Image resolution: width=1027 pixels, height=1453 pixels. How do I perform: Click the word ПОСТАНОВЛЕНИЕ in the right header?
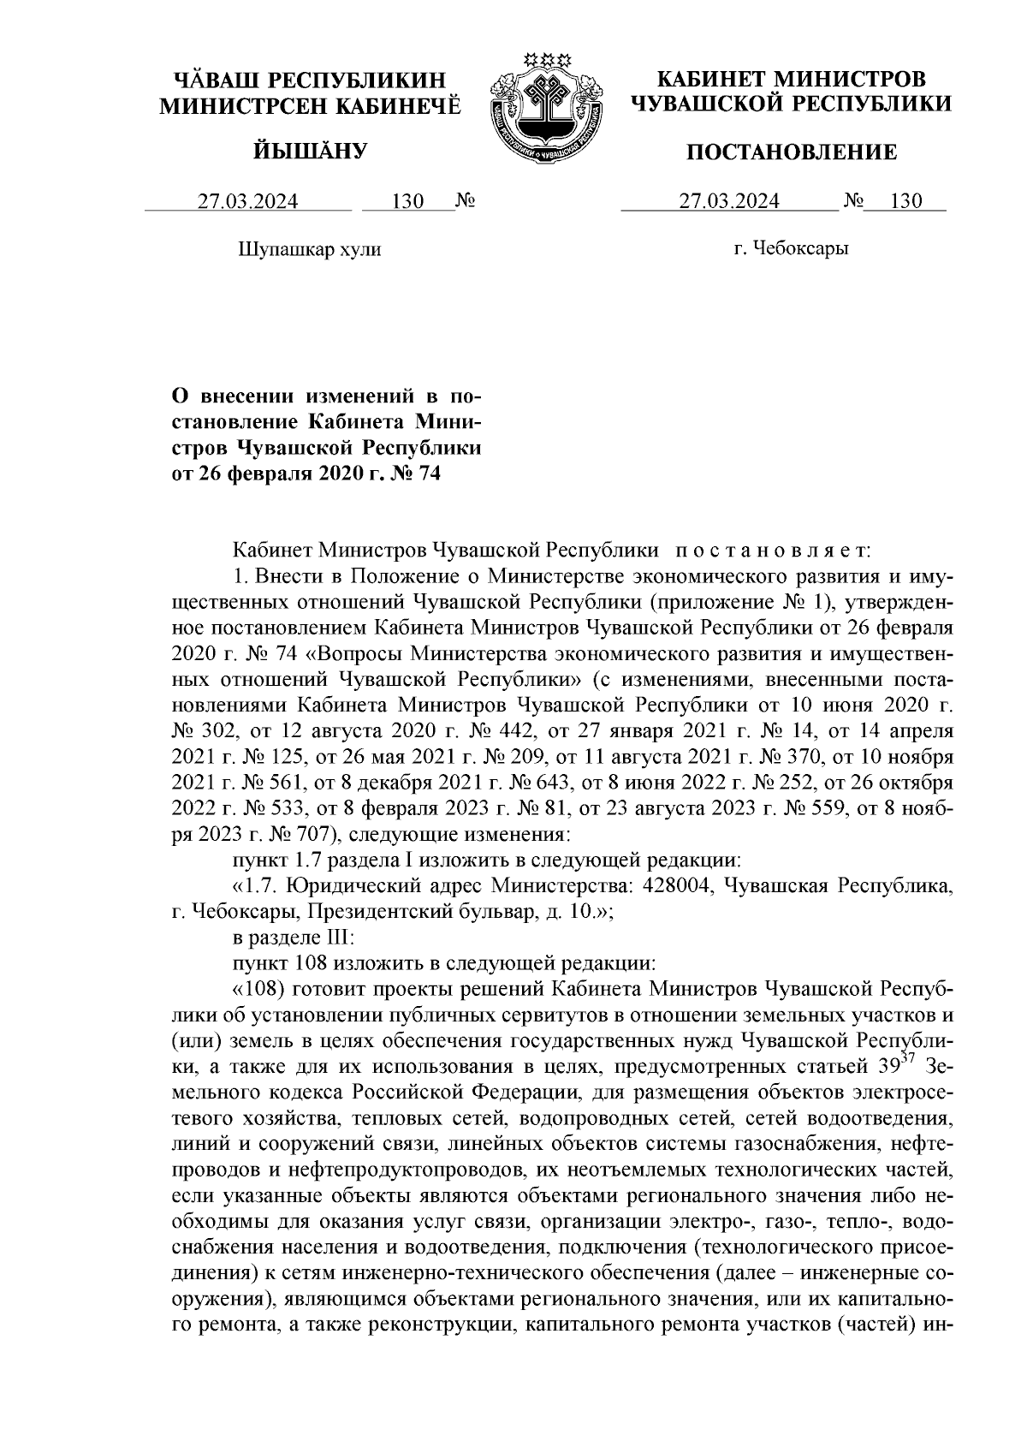click(x=793, y=153)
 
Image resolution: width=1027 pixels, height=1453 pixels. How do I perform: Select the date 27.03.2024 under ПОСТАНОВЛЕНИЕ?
click(x=729, y=202)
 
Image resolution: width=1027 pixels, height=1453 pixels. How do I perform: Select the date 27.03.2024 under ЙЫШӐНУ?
click(x=248, y=202)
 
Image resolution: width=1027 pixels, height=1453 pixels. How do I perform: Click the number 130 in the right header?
click(x=905, y=202)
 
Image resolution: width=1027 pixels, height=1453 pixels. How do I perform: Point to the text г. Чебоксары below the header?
click(x=791, y=249)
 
